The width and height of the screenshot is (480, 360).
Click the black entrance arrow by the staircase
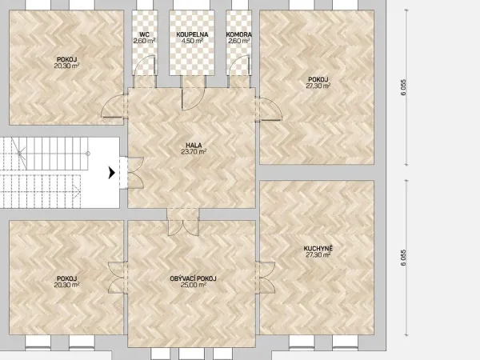pyautogui.click(x=112, y=173)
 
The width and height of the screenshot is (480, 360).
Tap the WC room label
pyautogui.click(x=144, y=34)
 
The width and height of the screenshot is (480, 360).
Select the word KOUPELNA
pyautogui.click(x=192, y=34)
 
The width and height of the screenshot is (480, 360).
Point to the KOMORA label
pyautogui.click(x=238, y=34)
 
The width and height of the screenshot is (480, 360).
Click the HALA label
pyautogui.click(x=194, y=146)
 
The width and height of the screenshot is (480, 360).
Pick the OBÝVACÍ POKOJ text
pyautogui.click(x=193, y=278)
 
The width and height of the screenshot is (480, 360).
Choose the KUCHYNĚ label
pyautogui.click(x=318, y=248)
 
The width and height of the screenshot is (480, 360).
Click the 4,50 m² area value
pyautogui.click(x=192, y=41)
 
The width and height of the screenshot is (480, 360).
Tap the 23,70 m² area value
pyautogui.click(x=194, y=151)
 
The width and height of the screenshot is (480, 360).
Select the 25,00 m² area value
pyautogui.click(x=193, y=285)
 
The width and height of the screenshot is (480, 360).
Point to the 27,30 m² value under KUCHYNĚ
pyautogui.click(x=318, y=254)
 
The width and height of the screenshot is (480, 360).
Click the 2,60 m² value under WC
pyautogui.click(x=144, y=41)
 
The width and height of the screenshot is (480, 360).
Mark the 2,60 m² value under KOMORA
pyautogui.click(x=238, y=41)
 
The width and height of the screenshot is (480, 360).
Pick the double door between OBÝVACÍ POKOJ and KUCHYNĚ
pyautogui.click(x=267, y=278)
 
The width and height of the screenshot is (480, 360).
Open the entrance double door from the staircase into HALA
pyautogui.click(x=136, y=173)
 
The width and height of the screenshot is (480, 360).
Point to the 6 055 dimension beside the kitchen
pyautogui.click(x=403, y=258)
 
